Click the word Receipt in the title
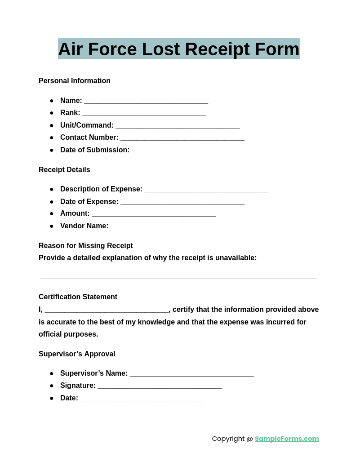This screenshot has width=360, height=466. pos(217,49)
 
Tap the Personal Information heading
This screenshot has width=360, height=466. pos(75,81)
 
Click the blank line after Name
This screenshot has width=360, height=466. pos(146,102)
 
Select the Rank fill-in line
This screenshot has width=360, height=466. pos(144,114)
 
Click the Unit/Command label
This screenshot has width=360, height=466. pos(87,125)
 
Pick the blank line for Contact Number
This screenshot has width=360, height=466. pos(182,138)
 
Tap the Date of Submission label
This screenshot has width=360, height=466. pos(95,150)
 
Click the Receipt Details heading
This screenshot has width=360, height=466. pos(64,170)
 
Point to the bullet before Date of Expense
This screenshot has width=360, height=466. pos(52,202)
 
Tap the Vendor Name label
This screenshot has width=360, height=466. pos(84,226)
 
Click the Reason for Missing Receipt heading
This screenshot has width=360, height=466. pos(86,246)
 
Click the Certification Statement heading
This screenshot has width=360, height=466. pos(78,297)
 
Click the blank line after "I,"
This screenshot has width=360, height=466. pos(107,311)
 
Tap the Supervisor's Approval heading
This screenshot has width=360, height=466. pos(77,354)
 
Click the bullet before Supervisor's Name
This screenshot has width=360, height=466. pos(52,373)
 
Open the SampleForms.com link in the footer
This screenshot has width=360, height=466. pos(287,439)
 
